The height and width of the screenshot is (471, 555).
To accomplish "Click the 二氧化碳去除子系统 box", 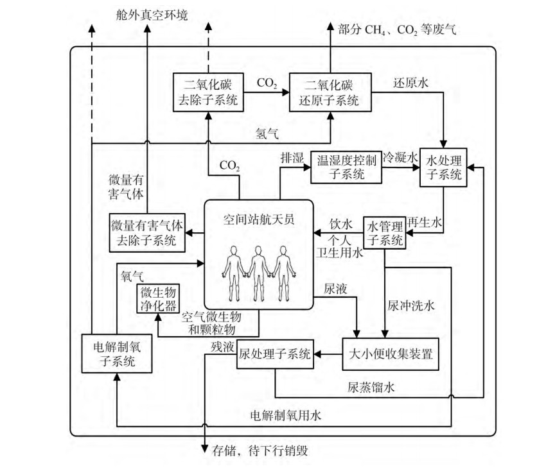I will [209, 92].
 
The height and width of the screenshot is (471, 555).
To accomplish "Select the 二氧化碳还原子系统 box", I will [330, 92].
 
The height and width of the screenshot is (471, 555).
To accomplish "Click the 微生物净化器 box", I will [158, 299].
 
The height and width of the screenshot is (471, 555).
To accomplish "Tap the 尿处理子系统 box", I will [275, 354].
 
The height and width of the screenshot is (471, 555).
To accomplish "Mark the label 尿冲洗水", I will [411, 305].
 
